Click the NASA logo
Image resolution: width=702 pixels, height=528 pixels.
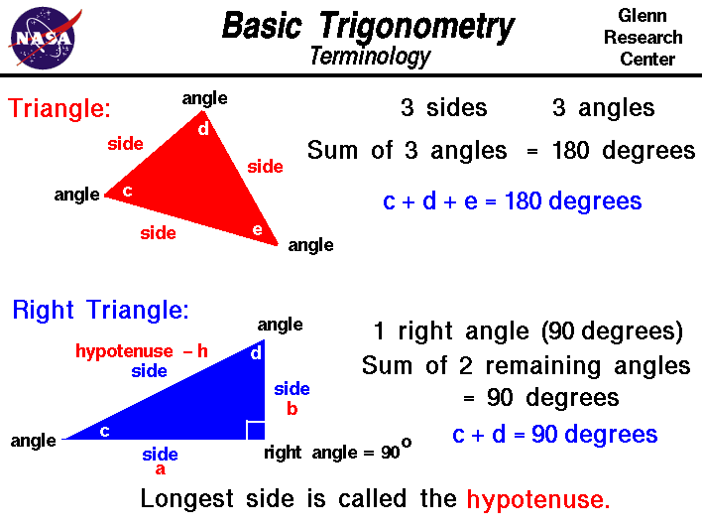pyautogui.click(x=41, y=37)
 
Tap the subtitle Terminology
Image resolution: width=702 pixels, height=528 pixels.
pyautogui.click(x=370, y=56)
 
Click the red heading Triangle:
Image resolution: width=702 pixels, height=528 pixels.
pyautogui.click(x=59, y=108)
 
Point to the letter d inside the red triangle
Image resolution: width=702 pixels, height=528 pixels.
pyautogui.click(x=203, y=128)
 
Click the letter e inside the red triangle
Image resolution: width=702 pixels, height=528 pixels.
pyautogui.click(x=258, y=231)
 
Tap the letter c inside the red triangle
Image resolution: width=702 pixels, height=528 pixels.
pyautogui.click(x=127, y=191)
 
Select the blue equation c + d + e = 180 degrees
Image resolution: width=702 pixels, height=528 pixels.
pyautogui.click(x=513, y=201)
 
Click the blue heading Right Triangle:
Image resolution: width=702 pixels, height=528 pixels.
pyautogui.click(x=100, y=310)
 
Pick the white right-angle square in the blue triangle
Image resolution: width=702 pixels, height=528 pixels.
pyautogui.click(x=255, y=430)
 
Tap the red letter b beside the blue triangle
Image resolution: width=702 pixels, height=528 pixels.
pyautogui.click(x=292, y=407)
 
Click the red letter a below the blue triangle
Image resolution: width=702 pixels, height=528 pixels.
pyautogui.click(x=160, y=470)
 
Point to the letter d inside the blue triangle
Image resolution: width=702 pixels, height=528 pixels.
pyautogui.click(x=255, y=352)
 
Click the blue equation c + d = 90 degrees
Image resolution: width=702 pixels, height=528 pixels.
pyautogui.click(x=554, y=434)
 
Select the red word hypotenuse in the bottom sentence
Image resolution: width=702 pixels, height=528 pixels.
pyautogui.click(x=538, y=499)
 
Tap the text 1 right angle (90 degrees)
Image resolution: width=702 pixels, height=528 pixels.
pyautogui.click(x=528, y=330)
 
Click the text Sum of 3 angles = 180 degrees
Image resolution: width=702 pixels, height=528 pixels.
pyautogui.click(x=501, y=151)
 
